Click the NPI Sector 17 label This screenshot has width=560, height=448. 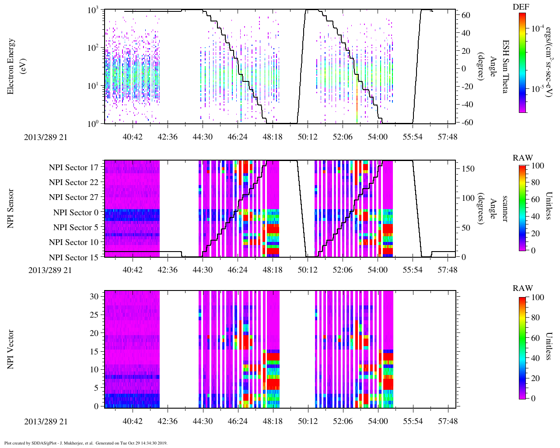click(73, 167)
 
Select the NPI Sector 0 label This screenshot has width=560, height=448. click(76, 213)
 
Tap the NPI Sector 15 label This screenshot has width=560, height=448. click(73, 257)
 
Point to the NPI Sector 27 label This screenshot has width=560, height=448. click(73, 197)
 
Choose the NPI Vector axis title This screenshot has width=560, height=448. click(11, 349)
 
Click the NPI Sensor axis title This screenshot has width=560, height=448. click(11, 208)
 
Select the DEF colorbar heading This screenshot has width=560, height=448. click(521, 7)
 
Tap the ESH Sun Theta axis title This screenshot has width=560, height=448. click(505, 66)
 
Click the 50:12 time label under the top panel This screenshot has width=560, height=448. click(308, 137)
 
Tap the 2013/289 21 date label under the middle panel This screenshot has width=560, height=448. click(50, 270)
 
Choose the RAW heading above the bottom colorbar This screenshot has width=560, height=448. click(523, 288)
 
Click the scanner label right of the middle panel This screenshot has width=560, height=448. click(505, 208)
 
